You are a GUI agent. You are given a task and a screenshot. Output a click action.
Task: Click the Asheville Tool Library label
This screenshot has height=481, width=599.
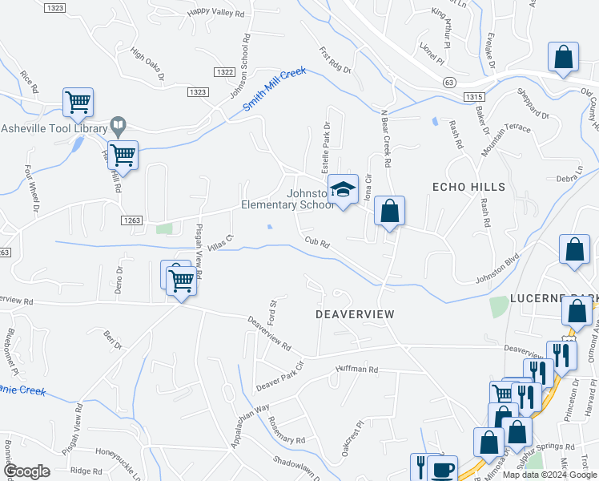(x=54, y=128)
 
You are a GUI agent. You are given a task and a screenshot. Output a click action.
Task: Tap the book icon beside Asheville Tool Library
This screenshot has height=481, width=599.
(x=118, y=125)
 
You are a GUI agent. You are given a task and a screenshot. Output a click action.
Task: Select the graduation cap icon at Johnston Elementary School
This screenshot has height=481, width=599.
(x=344, y=190)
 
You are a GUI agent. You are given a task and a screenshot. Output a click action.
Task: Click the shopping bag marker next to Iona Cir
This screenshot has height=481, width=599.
(x=389, y=212)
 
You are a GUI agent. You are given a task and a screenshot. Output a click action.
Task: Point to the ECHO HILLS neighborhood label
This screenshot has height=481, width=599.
(x=468, y=187)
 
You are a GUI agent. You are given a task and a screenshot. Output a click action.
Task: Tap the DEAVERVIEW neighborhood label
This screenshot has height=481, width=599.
(x=355, y=314)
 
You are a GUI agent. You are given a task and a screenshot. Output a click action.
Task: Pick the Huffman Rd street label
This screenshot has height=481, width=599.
(x=356, y=370)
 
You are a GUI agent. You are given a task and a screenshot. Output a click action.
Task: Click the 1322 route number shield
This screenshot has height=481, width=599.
(x=225, y=72)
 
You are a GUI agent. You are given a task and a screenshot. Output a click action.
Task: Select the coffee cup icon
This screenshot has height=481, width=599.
(x=442, y=469)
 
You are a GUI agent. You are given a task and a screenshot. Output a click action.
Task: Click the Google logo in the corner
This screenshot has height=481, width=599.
(x=26, y=471)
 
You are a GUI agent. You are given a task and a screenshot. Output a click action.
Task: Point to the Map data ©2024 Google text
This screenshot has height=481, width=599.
(x=549, y=475)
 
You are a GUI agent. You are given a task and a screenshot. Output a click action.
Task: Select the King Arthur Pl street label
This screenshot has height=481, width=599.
(x=448, y=13)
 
